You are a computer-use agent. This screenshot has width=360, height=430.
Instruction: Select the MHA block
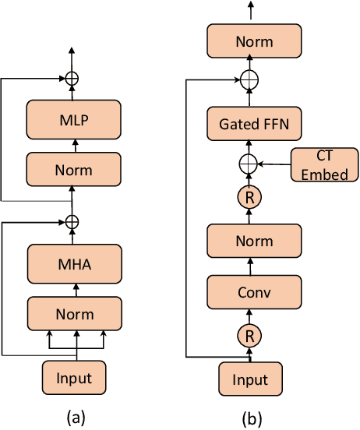coord(74,265)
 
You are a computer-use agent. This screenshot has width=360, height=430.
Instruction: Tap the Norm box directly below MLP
coord(74,170)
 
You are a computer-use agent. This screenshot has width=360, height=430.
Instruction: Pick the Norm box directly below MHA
coord(74,314)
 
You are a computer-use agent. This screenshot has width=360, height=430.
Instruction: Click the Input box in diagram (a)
coord(74,379)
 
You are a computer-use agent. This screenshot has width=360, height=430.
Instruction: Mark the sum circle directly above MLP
coord(72,78)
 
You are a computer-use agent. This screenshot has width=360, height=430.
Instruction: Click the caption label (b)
coord(250,419)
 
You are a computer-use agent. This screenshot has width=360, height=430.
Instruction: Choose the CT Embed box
coord(323,164)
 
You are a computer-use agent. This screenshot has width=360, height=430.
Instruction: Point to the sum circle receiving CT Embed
coord(250,164)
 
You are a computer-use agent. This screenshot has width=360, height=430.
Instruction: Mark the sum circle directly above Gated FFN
coord(250,79)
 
